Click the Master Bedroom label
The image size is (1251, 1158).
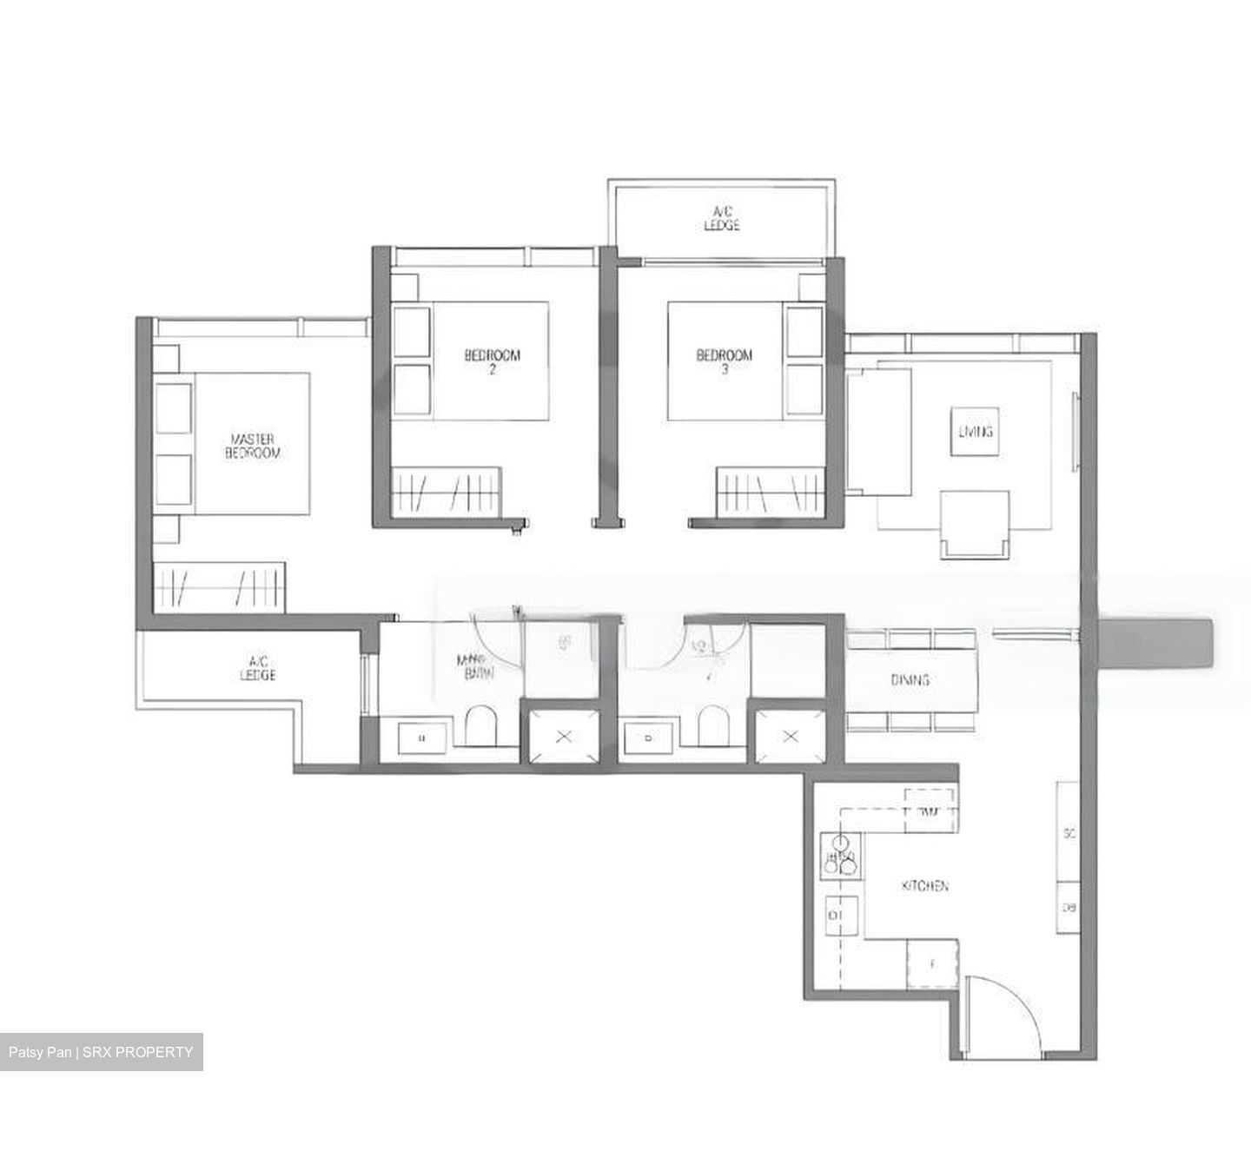point(255,446)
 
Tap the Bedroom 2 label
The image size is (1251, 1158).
point(493,361)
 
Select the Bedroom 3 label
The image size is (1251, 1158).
point(725,361)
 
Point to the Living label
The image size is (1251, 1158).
point(975,431)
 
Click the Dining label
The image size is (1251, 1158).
point(910,679)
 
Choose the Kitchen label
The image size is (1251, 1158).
point(924,886)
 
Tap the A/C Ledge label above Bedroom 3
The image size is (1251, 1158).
point(722,218)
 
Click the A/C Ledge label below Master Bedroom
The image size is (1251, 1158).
point(258,668)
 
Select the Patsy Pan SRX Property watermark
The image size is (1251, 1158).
point(101,1052)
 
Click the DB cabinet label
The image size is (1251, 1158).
point(1069,908)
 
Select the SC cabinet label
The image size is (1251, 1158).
point(1069,833)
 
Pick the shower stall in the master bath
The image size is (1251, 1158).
point(564,737)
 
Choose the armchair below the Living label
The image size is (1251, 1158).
point(975,523)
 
